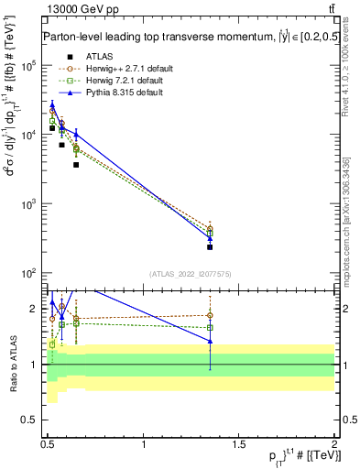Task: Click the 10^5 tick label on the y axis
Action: click(28, 66)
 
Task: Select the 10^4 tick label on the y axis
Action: click(28, 136)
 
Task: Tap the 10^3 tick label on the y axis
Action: click(28, 204)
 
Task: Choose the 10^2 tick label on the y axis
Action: click(28, 273)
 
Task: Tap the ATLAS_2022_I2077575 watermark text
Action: click(191, 274)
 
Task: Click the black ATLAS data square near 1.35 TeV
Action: click(210, 246)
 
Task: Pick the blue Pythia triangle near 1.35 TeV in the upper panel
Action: click(210, 238)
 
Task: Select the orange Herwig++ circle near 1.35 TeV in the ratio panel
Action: click(210, 315)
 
